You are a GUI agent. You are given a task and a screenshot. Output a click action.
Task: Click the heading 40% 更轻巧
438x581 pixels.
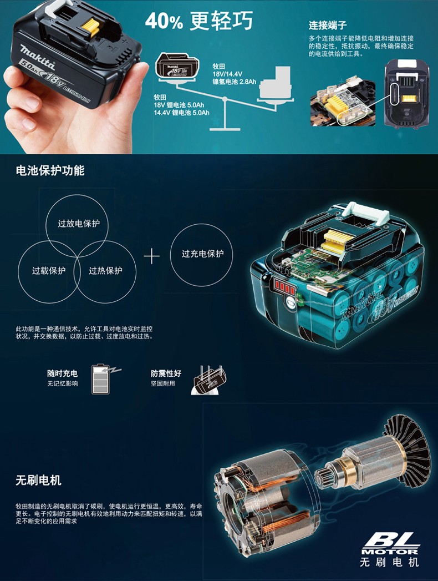pyautogui.click(x=199, y=21)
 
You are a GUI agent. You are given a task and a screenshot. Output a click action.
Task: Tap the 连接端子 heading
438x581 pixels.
pyautogui.click(x=328, y=25)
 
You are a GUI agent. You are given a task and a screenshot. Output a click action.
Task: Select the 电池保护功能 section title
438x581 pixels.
pyautogui.click(x=50, y=170)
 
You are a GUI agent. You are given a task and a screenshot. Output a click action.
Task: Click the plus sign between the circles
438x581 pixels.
pyautogui.click(x=152, y=256)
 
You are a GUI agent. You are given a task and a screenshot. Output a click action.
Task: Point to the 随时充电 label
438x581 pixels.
pyautogui.click(x=62, y=373)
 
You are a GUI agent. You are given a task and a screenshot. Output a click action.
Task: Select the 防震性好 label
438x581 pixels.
pyautogui.click(x=166, y=373)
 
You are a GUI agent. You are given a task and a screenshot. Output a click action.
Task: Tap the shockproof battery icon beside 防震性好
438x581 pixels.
pyautogui.click(x=208, y=380)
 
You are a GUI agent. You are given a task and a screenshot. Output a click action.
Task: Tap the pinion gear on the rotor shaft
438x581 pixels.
pyautogui.click(x=324, y=476)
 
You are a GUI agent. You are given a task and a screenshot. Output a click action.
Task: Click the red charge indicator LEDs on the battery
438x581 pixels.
pyautogui.click(x=284, y=287)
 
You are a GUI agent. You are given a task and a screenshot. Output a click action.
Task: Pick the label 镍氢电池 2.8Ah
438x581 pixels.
pyautogui.click(x=234, y=82)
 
